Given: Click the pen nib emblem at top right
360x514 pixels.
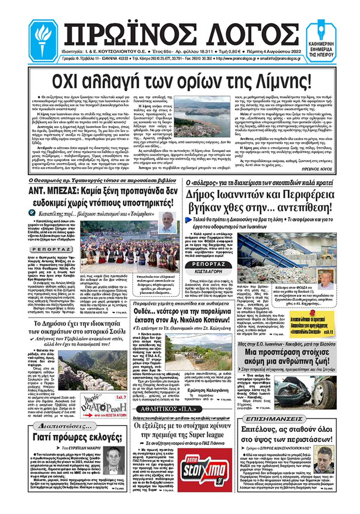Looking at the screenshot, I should coord(321,33).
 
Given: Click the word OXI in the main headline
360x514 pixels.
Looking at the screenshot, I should coord(66,81).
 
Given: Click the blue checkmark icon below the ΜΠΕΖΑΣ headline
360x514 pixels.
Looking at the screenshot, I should coord(32,213).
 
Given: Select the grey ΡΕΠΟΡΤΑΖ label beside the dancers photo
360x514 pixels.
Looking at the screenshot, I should coord(51,249).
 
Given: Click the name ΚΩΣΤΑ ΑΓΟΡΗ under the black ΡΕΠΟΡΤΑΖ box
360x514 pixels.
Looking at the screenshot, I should coord(208,271).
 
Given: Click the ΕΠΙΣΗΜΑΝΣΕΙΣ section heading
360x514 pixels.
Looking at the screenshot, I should coord(274,419).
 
